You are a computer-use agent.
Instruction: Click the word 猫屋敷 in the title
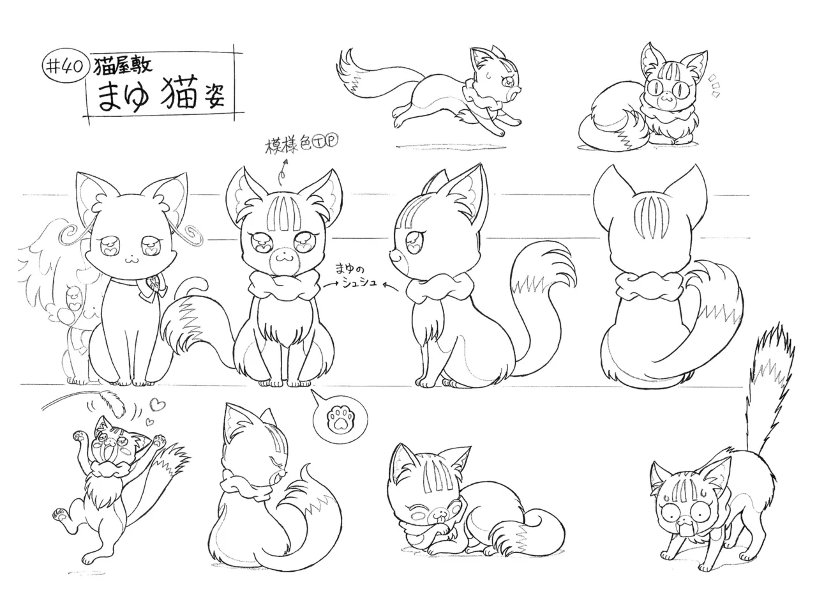coord(123,66)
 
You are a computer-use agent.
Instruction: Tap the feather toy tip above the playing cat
coord(117,404)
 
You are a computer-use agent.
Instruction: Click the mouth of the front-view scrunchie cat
coord(281,258)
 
